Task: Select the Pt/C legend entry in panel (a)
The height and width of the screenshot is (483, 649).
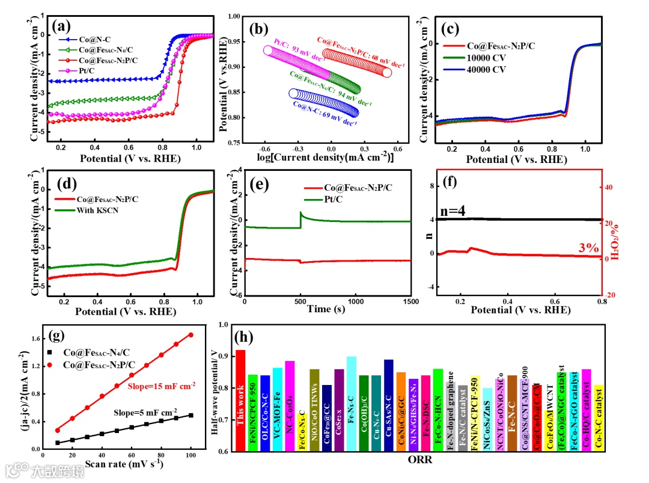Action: (x=86, y=70)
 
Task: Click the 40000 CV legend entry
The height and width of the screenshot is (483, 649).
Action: (x=486, y=69)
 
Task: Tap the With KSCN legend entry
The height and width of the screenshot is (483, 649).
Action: (x=104, y=210)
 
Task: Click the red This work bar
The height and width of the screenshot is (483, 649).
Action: (x=240, y=400)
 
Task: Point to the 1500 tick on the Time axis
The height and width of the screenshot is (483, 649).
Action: (x=410, y=302)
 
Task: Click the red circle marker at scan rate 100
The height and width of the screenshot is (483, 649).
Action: (x=191, y=334)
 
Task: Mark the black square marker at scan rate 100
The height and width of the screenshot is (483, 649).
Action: (x=191, y=415)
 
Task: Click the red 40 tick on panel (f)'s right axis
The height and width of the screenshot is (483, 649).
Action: (x=609, y=188)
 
